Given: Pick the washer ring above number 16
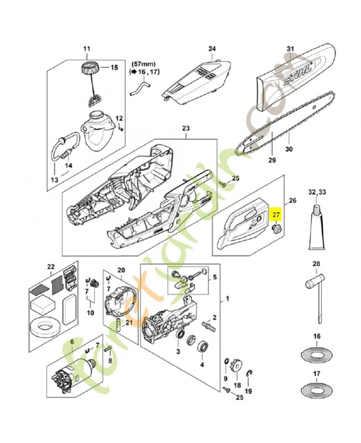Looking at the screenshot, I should click(316, 353).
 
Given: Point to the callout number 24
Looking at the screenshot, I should click(212, 49).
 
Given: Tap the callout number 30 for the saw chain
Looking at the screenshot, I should click(287, 148).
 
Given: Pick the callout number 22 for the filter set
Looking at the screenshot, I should click(51, 267).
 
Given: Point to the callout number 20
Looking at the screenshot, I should click(121, 269).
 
